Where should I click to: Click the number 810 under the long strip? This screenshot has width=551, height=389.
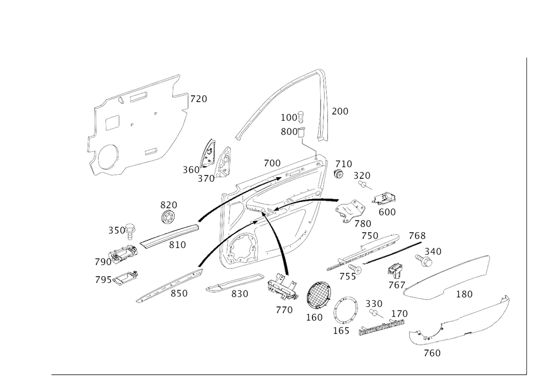(x=177, y=246)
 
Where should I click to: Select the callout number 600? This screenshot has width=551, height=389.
(x=387, y=212)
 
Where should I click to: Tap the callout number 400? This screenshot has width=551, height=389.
(x=272, y=163)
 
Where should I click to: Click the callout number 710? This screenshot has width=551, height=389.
(x=344, y=164)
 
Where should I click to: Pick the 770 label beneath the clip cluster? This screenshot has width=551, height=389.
(x=284, y=310)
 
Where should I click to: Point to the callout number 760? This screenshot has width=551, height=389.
(x=431, y=354)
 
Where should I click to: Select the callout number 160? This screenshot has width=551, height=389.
(x=316, y=318)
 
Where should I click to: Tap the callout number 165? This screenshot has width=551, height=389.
(x=341, y=331)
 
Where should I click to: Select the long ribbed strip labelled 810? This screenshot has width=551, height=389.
(x=168, y=235)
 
